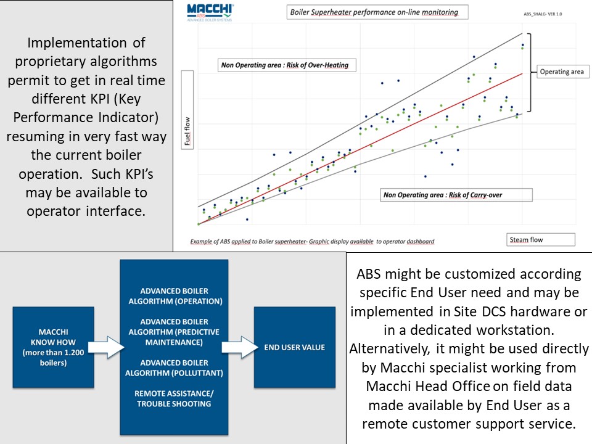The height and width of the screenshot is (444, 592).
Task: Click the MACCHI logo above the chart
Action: (x=210, y=12)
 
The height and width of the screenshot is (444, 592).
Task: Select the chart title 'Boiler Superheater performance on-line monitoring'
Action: (x=377, y=12)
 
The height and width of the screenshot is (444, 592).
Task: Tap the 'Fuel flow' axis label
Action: (x=187, y=110)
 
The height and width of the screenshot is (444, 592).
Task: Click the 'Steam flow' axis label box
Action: (x=541, y=240)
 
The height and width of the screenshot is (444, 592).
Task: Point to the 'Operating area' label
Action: (x=562, y=72)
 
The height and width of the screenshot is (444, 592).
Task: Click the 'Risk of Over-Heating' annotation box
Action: (x=287, y=65)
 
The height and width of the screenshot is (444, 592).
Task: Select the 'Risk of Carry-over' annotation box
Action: (x=456, y=195)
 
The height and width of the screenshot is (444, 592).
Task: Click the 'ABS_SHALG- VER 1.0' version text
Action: (x=543, y=14)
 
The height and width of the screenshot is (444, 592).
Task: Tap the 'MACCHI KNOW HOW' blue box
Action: (x=53, y=347)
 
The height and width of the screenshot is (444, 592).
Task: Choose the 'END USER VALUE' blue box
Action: (x=295, y=347)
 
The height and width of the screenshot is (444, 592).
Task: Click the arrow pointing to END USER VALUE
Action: (x=240, y=347)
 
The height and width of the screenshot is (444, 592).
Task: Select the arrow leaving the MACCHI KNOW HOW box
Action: (x=106, y=347)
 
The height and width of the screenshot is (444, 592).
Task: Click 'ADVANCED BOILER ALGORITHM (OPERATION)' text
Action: (x=175, y=296)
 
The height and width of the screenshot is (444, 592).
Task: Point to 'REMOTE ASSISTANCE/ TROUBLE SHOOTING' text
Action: (x=174, y=398)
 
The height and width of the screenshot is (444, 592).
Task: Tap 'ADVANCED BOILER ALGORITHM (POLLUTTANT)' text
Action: (x=174, y=368)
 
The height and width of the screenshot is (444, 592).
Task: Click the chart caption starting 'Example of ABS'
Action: (x=312, y=241)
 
